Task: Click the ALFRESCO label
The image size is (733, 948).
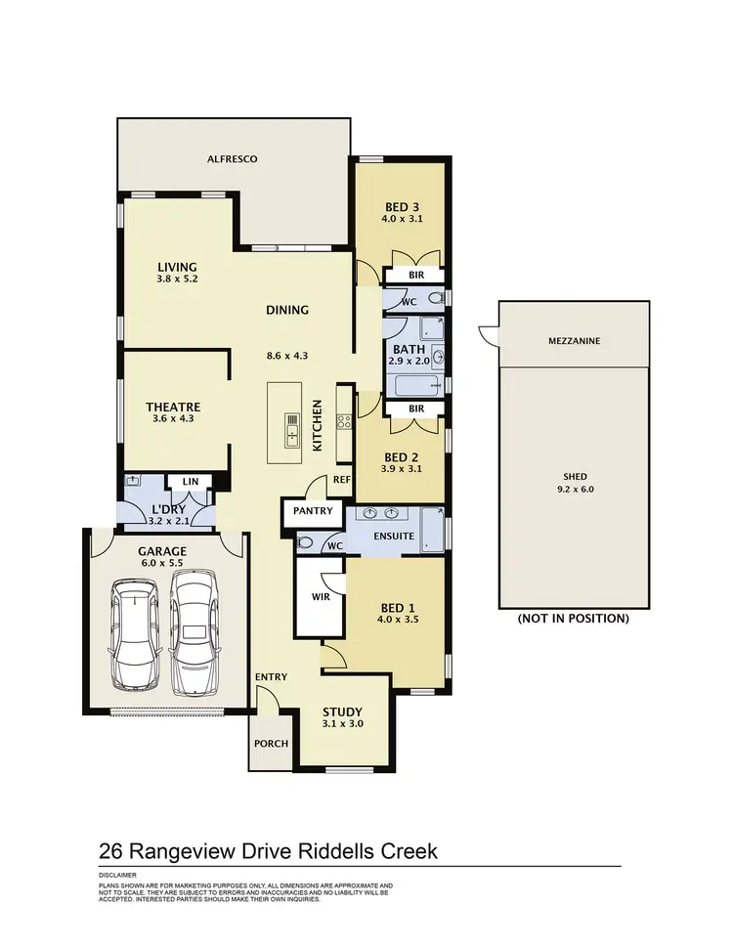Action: point(224,157)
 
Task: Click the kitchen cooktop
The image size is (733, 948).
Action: point(344,422)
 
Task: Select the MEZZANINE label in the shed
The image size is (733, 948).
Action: point(574,341)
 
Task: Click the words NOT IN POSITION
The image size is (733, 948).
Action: point(573,619)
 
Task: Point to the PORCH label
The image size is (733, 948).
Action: point(271,744)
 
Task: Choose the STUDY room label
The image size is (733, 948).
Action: point(343,711)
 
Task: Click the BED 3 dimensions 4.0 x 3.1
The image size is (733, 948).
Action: point(401,219)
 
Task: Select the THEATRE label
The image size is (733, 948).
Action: point(173,407)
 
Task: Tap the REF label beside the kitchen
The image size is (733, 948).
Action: point(341,480)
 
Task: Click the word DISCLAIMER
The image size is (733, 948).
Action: point(117,875)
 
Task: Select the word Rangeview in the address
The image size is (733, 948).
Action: point(200,850)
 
